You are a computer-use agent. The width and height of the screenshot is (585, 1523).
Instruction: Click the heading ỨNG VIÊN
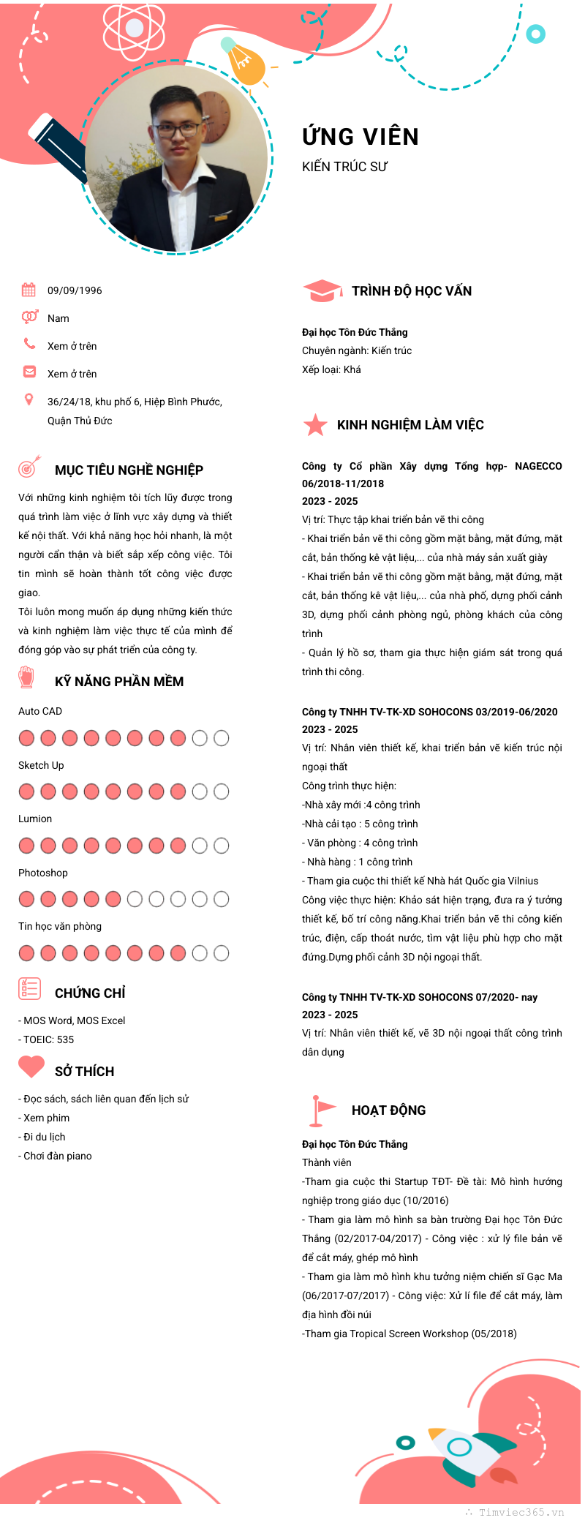(361, 137)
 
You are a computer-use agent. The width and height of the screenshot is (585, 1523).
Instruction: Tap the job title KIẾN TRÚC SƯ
(344, 167)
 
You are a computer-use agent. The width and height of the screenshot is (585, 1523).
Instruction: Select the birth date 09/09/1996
(75, 290)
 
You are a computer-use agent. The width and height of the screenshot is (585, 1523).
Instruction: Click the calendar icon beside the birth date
(29, 290)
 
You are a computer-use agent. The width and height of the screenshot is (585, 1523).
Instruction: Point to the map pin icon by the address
(29, 399)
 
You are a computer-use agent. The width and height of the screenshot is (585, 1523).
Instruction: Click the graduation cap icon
(322, 290)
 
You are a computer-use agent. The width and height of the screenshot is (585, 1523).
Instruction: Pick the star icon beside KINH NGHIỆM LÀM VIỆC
(315, 424)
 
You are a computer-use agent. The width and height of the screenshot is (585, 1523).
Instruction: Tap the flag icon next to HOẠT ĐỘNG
(320, 1110)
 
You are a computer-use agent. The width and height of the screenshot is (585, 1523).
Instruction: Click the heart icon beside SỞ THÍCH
(31, 1067)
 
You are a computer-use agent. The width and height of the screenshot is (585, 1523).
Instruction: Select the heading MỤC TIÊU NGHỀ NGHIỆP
(129, 470)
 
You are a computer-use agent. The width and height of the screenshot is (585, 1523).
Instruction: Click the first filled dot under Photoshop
(26, 899)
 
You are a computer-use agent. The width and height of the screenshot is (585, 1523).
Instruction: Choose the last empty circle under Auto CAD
(221, 738)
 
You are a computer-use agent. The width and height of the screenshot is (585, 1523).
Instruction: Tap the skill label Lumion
(35, 819)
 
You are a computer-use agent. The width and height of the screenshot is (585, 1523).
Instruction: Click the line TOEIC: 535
(48, 1039)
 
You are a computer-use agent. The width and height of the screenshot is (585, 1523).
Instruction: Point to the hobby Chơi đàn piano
(57, 1156)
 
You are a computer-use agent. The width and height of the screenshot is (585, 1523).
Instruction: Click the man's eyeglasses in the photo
(178, 128)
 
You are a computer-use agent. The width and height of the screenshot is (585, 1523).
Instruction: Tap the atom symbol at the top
(135, 29)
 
